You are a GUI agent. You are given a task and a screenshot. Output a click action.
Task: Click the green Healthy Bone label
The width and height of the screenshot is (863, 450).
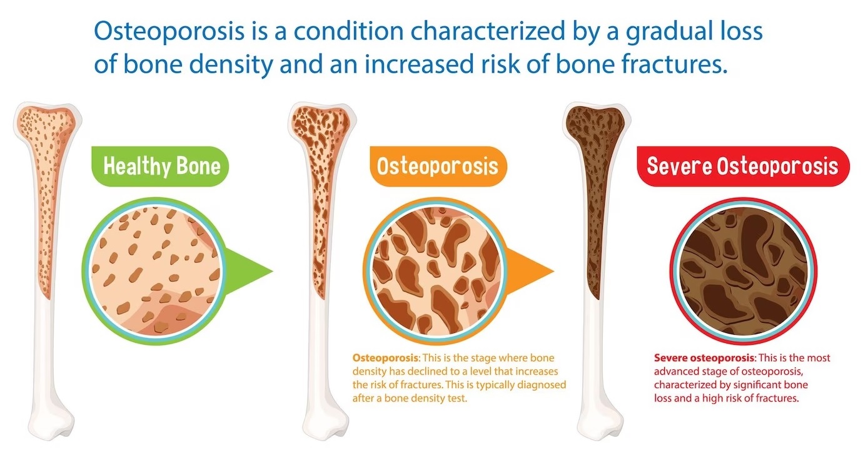click(160, 166)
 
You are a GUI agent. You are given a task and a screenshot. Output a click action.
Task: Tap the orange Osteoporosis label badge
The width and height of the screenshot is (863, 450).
click(438, 166)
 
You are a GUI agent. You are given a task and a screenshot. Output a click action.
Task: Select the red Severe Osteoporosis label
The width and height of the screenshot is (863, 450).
click(743, 166)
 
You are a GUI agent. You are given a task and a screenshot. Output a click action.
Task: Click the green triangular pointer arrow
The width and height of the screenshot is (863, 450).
click(250, 271)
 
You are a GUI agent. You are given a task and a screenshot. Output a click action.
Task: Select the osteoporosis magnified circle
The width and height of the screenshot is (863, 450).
click(437, 271)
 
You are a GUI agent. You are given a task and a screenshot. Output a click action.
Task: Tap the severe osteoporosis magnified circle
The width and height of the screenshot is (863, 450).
click(743, 271)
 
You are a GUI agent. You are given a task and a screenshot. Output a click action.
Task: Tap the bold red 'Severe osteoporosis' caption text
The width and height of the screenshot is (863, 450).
click(704, 358)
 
